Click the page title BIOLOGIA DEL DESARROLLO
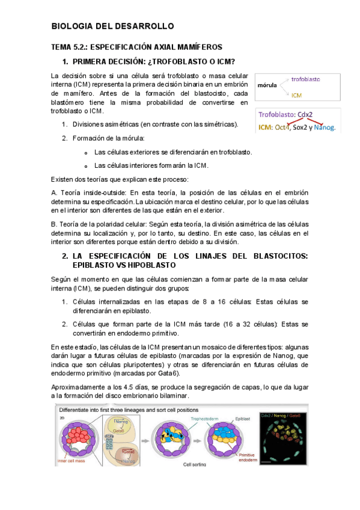coord(112,26)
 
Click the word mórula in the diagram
coord(267,85)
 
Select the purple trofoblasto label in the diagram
coord(305,79)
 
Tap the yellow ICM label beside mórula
coord(297,95)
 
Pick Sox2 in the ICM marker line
coord(293,127)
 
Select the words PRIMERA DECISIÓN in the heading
coord(115,62)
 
